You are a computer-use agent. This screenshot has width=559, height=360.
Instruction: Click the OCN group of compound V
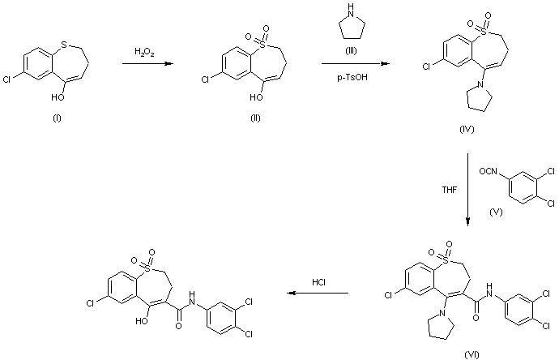click(x=485, y=169)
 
